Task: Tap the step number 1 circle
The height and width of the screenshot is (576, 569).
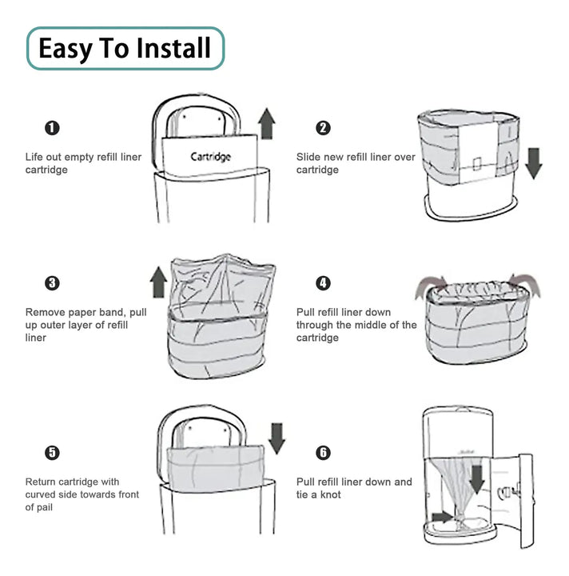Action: (x=52, y=128)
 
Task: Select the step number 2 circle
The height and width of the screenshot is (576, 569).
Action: (x=323, y=128)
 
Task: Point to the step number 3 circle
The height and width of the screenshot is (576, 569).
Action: (x=52, y=283)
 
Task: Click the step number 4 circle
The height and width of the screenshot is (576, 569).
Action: (x=323, y=283)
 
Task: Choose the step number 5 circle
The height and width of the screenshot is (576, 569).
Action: (x=52, y=453)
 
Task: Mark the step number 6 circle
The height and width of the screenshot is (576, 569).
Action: (x=323, y=453)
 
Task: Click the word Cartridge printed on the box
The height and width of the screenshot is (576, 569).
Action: (x=210, y=158)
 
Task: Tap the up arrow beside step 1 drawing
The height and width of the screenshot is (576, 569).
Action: (x=267, y=123)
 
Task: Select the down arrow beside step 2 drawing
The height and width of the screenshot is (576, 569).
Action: (x=533, y=163)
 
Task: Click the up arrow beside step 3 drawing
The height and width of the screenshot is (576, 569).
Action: (x=158, y=282)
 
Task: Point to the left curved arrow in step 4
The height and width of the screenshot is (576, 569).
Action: (x=430, y=286)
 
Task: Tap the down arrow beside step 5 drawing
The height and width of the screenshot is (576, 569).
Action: (x=277, y=438)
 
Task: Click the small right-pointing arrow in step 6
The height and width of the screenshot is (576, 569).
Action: (x=443, y=518)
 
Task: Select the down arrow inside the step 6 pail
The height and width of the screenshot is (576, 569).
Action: (x=477, y=479)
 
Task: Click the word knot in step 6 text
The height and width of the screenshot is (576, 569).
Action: (x=331, y=495)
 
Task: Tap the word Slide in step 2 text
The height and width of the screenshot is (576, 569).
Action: (x=307, y=158)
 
